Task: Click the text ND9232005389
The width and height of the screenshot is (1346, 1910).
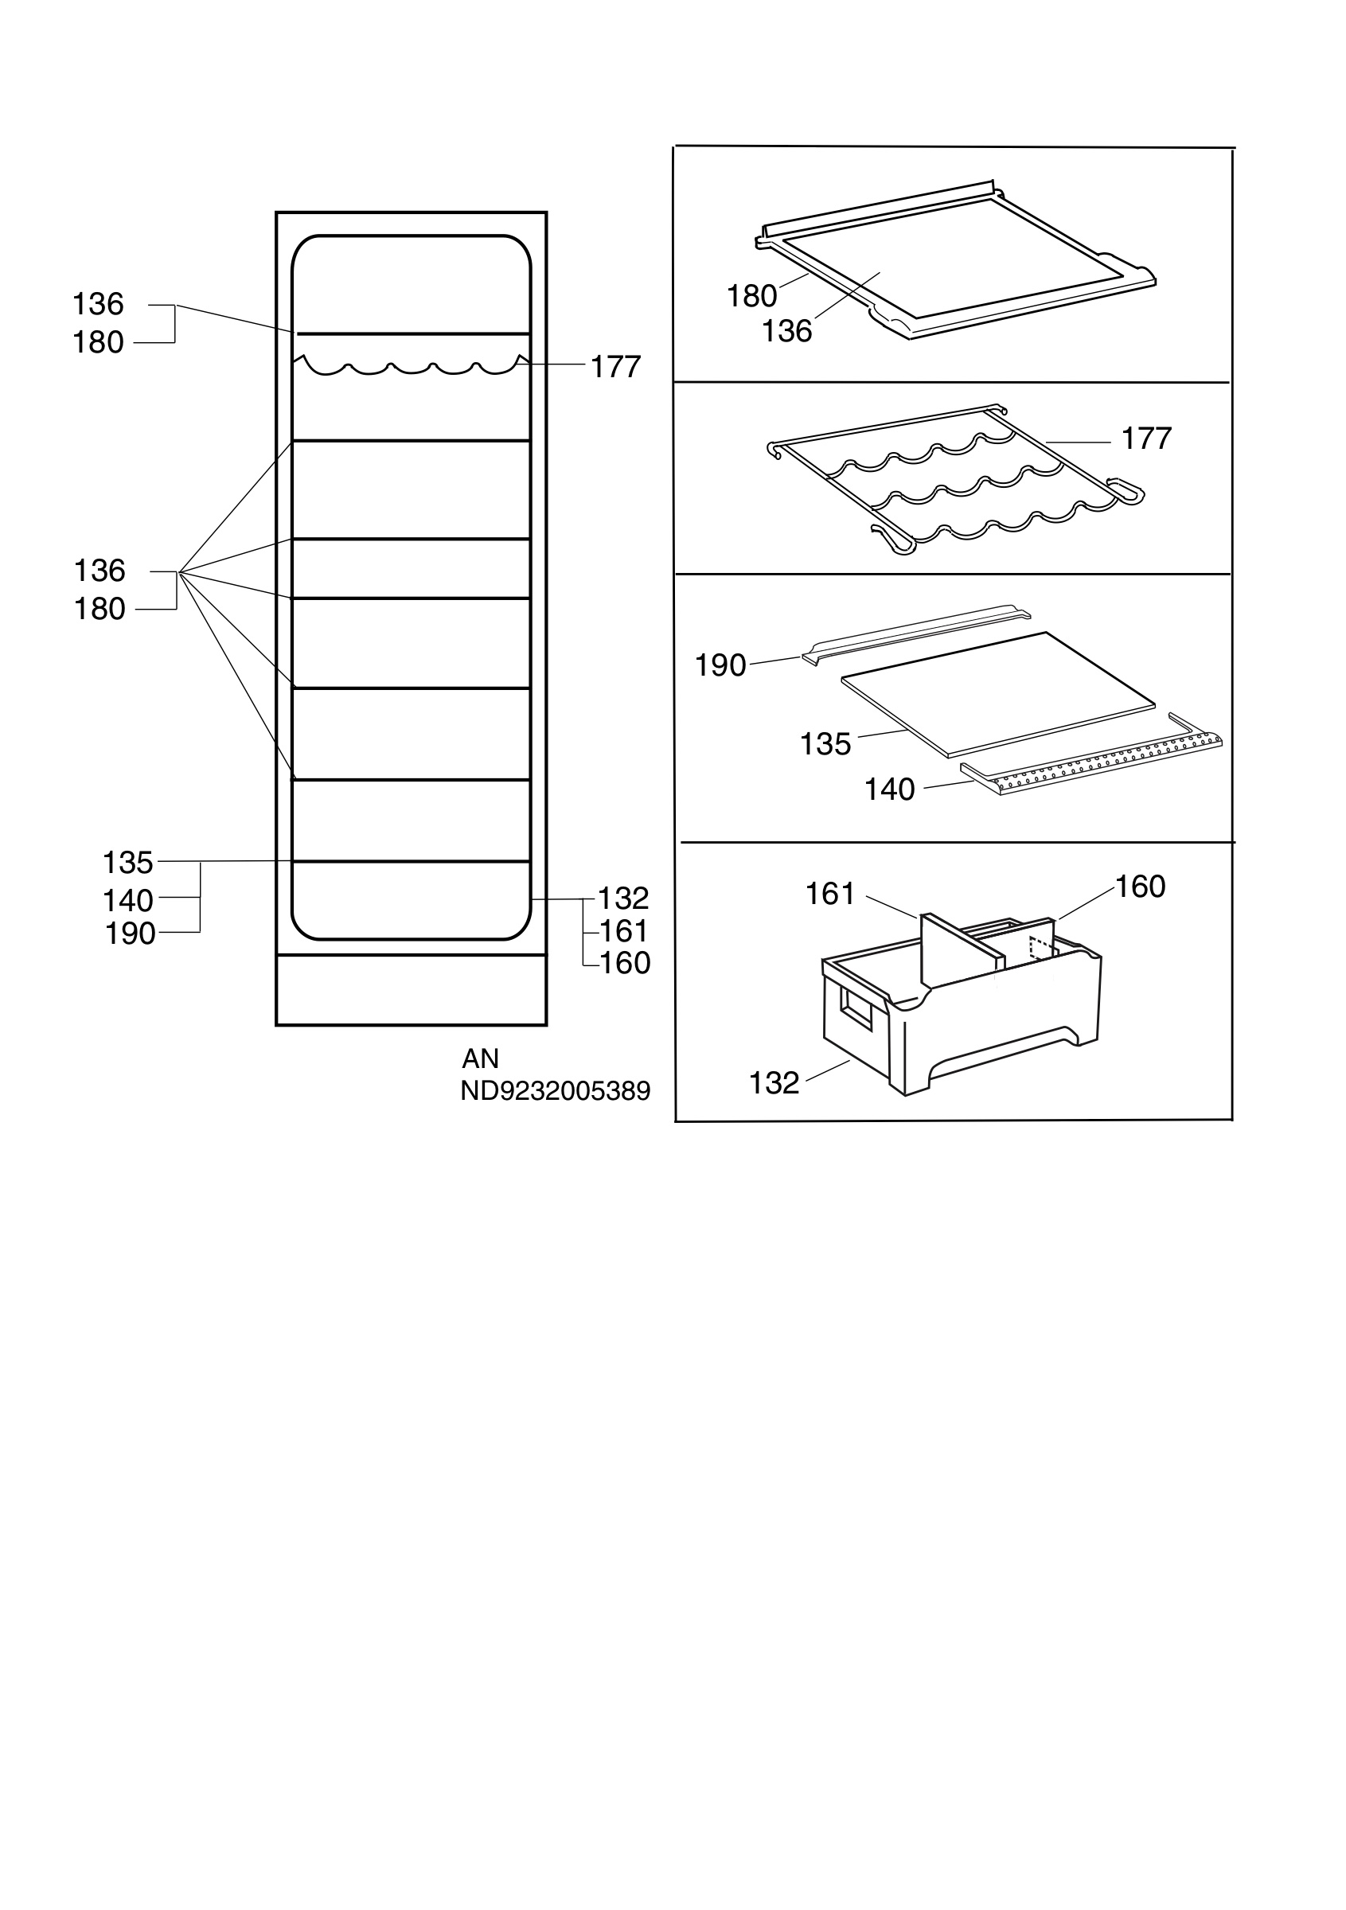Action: point(555,1090)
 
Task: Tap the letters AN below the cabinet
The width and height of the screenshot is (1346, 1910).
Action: point(480,1058)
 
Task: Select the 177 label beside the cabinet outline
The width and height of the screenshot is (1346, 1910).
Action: point(615,367)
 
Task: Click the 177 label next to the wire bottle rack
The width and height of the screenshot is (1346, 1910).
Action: point(1146,439)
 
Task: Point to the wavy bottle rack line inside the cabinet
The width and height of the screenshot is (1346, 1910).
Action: point(411,366)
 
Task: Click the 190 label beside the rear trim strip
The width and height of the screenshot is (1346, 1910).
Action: point(720,665)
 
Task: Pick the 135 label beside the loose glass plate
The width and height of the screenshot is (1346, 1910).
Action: point(825,743)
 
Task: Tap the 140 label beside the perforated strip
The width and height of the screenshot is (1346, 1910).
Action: point(889,789)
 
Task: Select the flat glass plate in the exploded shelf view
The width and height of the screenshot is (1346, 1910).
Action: point(998,692)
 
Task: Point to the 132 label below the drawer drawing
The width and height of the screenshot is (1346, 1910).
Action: point(774,1083)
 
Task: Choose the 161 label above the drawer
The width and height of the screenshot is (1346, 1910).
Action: point(830,895)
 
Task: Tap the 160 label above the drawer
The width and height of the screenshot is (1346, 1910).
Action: point(1140,887)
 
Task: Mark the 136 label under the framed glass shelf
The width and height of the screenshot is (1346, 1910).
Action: point(787,331)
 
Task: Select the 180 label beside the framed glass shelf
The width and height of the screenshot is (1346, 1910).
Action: point(752,296)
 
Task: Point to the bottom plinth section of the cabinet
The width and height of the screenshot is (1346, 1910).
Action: point(411,990)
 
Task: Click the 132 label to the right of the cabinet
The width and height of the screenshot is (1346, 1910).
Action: point(623,898)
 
